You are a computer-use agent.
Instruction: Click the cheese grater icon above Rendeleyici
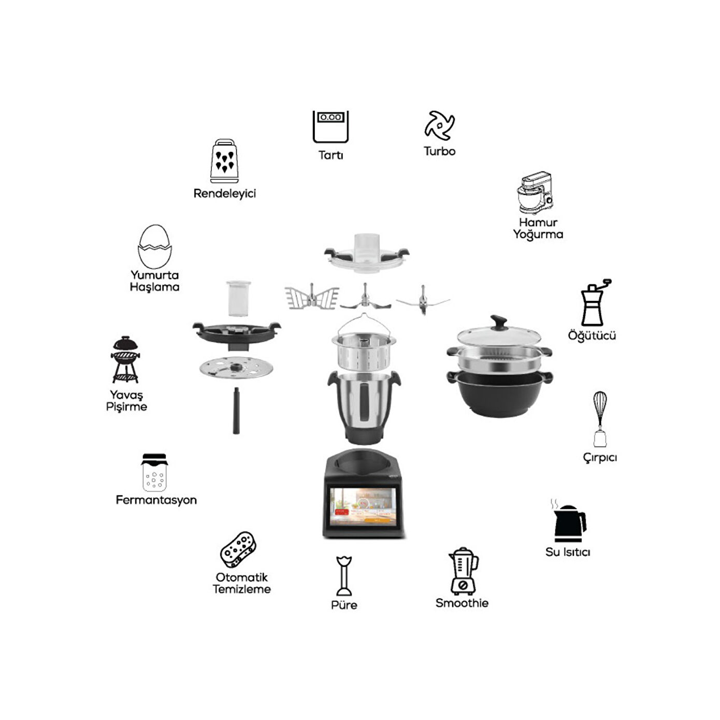[224, 161]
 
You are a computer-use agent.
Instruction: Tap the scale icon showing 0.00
[330, 127]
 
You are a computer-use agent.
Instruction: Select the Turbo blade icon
[439, 125]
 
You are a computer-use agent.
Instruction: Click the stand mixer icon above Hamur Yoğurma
[535, 193]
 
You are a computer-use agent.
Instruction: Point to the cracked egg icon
[155, 247]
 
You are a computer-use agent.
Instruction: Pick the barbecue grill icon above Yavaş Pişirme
[125, 359]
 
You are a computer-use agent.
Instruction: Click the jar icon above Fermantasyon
[154, 472]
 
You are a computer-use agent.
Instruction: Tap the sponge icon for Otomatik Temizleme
[238, 550]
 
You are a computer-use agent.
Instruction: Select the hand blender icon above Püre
[344, 576]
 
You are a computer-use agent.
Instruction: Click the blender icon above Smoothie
[463, 571]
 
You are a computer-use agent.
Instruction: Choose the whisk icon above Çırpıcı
[600, 419]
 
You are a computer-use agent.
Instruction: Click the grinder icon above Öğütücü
[595, 303]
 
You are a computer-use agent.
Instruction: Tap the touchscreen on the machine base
[363, 506]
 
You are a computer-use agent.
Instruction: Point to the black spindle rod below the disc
[236, 411]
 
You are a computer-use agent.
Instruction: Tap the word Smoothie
[462, 603]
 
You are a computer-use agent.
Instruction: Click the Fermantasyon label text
[156, 500]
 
